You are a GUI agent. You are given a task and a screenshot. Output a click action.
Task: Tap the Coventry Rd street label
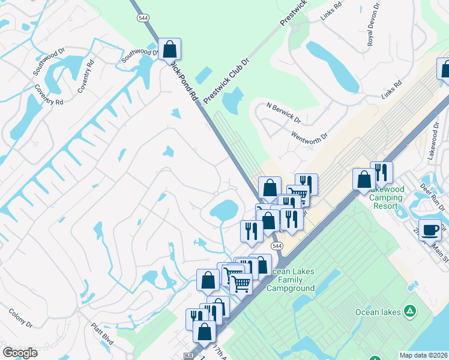[x=86, y=76]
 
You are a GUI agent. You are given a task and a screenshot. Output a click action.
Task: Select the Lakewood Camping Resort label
[x=387, y=197]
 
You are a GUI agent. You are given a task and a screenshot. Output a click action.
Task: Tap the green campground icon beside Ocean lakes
[x=409, y=311]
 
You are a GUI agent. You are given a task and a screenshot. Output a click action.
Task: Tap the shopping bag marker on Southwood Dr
[x=170, y=49]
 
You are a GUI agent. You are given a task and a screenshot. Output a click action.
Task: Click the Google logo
[x=20, y=353]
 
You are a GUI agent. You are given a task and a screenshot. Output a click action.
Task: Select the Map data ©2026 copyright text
[x=423, y=355]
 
